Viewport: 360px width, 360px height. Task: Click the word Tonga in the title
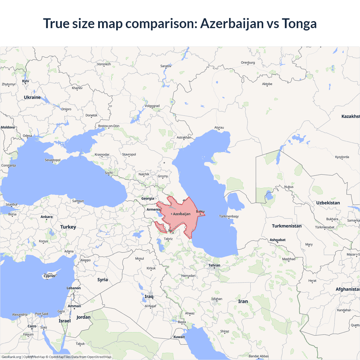(299, 24)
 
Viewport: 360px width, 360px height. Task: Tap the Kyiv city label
(26, 81)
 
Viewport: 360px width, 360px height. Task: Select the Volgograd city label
(152, 106)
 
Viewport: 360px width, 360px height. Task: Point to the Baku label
(200, 211)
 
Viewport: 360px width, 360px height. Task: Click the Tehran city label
(214, 265)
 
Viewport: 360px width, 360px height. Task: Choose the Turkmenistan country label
(287, 226)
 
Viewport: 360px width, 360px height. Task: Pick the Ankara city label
(46, 217)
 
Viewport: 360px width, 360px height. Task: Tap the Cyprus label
(49, 276)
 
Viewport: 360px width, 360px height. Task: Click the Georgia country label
(148, 199)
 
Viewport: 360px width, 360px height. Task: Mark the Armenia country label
(153, 210)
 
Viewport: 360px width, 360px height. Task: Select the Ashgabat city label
(278, 240)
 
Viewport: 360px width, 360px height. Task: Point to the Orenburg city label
(248, 63)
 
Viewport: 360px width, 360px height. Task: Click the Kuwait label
(179, 337)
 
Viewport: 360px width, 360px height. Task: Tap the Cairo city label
(32, 326)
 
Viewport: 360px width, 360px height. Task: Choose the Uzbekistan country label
(328, 203)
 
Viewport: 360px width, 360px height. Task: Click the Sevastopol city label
(53, 160)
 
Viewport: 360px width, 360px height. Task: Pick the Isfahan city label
(217, 299)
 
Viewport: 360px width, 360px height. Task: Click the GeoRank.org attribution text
(11, 357)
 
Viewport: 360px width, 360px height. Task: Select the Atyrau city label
(219, 128)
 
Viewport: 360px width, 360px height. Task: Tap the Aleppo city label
(85, 260)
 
